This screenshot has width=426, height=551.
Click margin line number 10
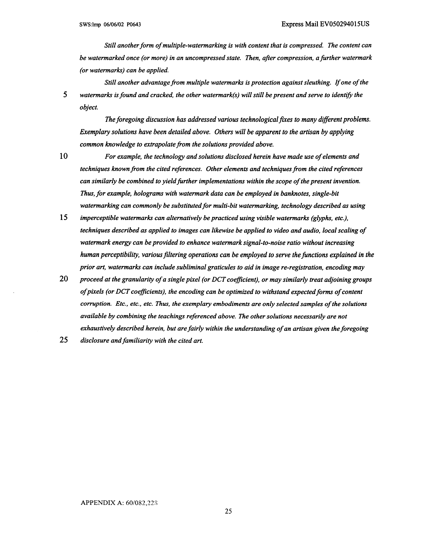[x=64, y=156]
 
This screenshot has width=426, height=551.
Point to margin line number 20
[x=64, y=279]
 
